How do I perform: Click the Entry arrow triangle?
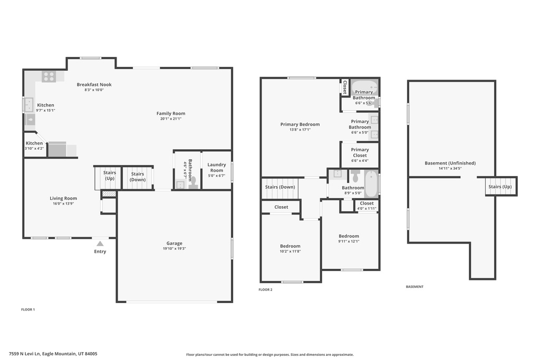pos(100,244)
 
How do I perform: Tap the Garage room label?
pos(174,243)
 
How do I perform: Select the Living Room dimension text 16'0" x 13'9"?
pos(63,203)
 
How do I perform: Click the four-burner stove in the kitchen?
pos(49,76)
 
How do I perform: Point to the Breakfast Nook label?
pos(94,84)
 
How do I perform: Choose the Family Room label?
pos(171,113)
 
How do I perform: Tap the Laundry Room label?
pos(217,167)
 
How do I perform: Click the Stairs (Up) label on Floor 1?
pos(110,175)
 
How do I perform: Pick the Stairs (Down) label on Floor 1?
pos(138,177)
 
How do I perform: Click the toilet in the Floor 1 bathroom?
pos(192,182)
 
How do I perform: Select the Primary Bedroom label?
pos(300,124)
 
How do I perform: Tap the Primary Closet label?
pos(360,152)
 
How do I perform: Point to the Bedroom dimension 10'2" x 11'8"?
pos(291,251)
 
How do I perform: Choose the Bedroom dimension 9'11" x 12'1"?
pos(349,241)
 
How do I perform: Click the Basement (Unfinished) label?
pos(450,163)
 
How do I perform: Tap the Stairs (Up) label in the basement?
pos(500,187)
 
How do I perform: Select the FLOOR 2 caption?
pos(266,289)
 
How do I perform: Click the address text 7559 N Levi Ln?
pos(25,354)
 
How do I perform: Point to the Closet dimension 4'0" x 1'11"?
pos(367,208)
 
